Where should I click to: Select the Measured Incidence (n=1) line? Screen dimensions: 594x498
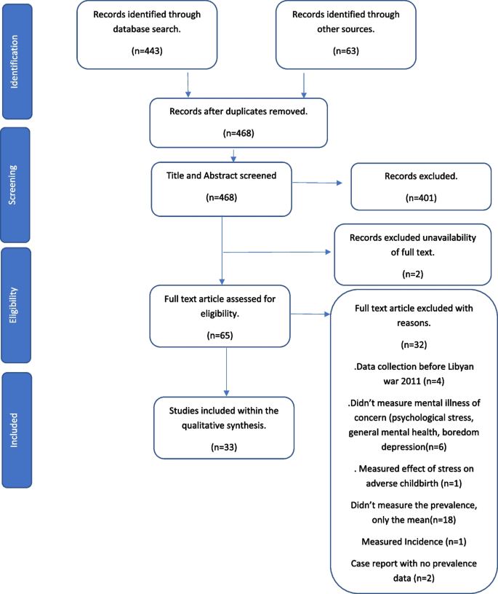pos(413,541)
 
